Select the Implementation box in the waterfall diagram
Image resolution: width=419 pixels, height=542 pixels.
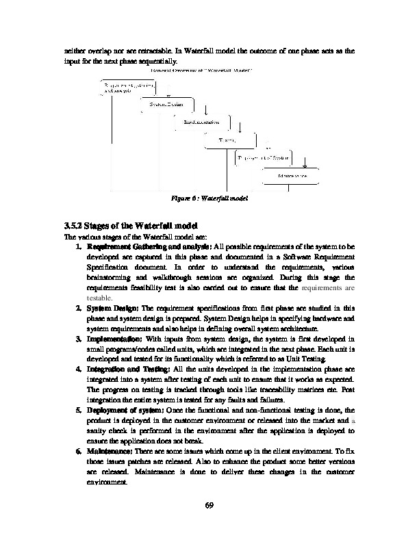(201, 122)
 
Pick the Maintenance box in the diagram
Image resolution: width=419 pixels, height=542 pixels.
(291, 176)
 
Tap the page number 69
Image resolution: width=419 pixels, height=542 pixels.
(209, 506)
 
